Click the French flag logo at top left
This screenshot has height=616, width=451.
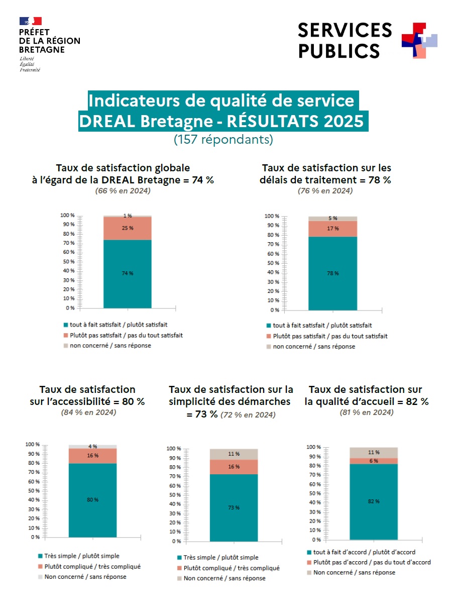[30, 21]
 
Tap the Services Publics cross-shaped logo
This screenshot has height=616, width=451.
[419, 40]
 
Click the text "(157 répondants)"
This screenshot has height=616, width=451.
[223, 140]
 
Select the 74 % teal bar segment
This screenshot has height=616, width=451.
[128, 273]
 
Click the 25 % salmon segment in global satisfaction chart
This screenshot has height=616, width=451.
[128, 228]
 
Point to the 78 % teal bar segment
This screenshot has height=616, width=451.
[332, 273]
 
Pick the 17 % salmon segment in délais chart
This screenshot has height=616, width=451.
[332, 229]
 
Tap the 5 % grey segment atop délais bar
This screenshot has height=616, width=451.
[332, 219]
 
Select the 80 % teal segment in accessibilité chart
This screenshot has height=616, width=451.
[92, 500]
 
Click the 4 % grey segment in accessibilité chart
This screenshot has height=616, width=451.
[92, 446]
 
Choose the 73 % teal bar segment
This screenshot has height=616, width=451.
[234, 507]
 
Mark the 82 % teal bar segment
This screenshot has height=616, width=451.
[374, 501]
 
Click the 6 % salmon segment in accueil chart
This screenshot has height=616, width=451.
[374, 461]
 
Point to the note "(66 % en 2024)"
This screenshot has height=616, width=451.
[123, 191]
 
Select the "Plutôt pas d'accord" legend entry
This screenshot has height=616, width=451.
[372, 562]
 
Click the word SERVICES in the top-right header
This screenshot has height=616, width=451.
[345, 30]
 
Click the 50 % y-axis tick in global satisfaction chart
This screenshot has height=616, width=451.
[69, 262]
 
